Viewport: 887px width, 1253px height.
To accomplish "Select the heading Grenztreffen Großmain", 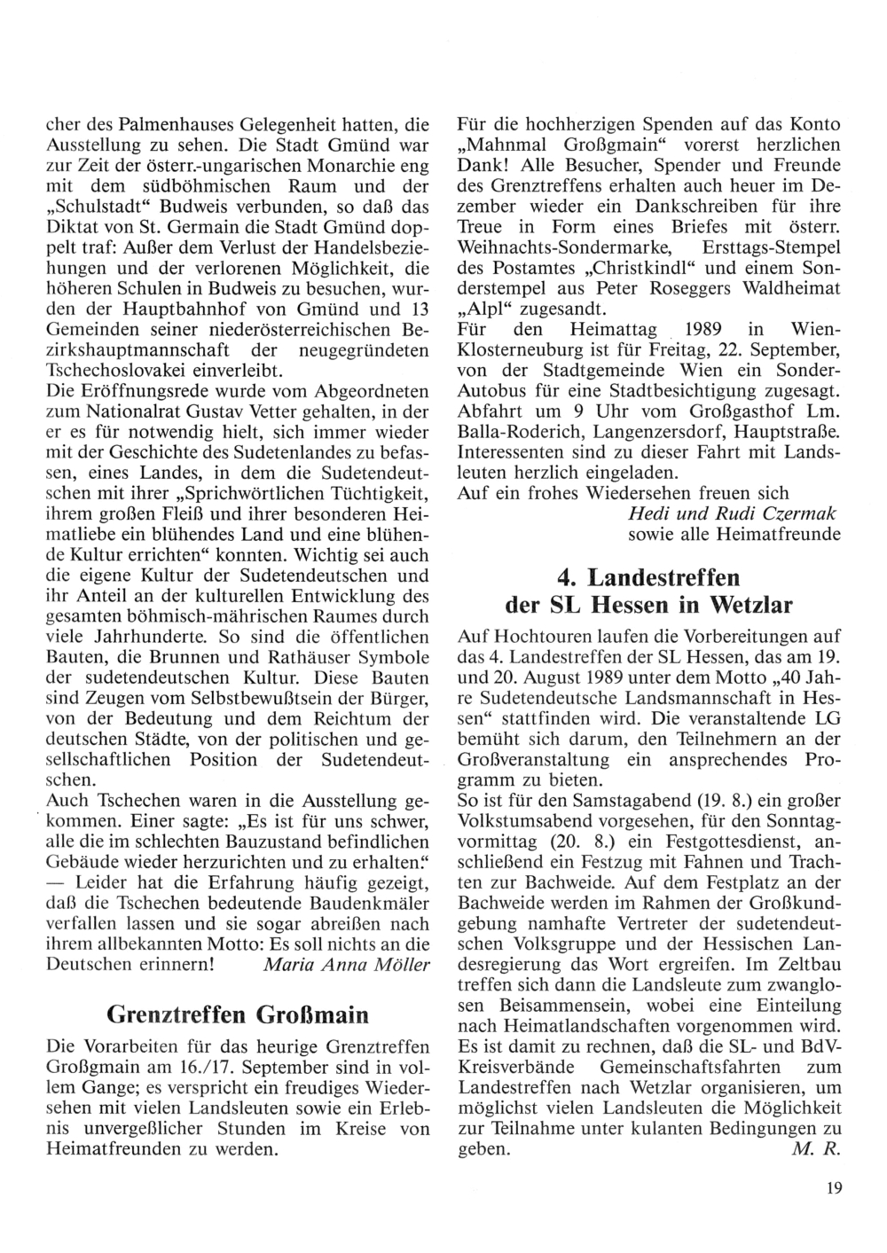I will pos(237,1014).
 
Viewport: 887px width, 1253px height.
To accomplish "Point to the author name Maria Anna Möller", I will pos(347,965).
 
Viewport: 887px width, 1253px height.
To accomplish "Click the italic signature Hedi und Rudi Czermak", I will pos(734,514).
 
